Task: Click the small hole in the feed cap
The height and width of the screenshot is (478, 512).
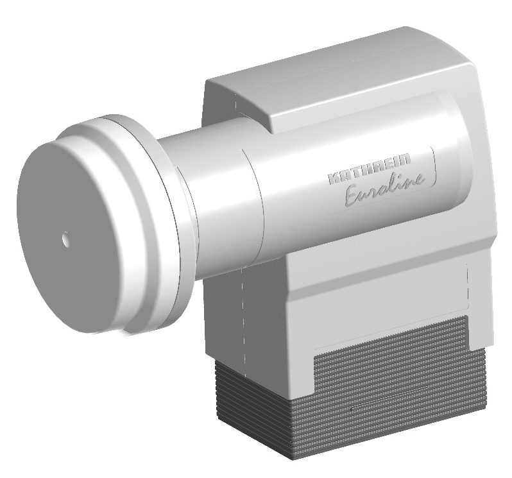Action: [65, 239]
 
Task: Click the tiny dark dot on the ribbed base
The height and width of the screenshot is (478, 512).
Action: [352, 408]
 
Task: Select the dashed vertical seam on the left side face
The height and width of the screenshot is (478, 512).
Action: [243, 321]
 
